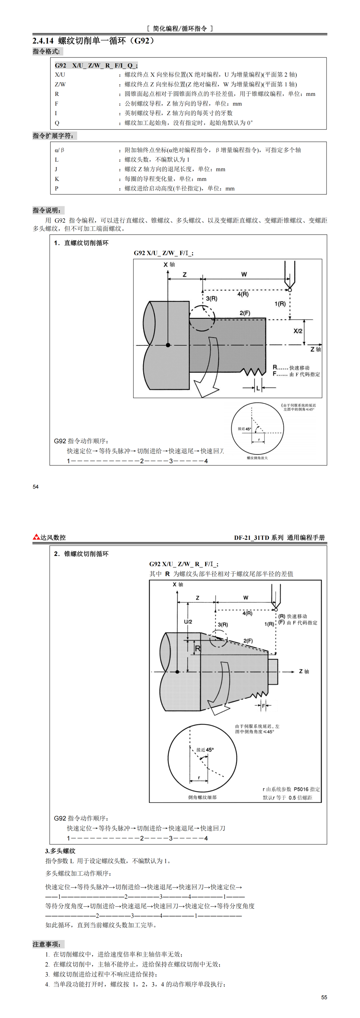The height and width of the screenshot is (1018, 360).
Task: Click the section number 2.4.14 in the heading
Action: pyautogui.click(x=43, y=41)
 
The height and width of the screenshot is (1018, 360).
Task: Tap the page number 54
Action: pyautogui.click(x=36, y=487)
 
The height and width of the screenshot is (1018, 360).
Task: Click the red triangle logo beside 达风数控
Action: pyautogui.click(x=36, y=537)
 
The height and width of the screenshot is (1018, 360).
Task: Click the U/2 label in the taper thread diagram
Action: pyautogui.click(x=188, y=622)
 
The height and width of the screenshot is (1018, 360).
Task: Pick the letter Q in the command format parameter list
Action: pyautogui.click(x=57, y=123)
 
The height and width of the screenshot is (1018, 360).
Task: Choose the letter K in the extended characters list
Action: pyautogui.click(x=57, y=179)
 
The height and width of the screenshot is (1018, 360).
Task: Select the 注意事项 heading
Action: pyautogui.click(x=47, y=944)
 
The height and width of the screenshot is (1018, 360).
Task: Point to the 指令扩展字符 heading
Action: pyautogui.click(x=53, y=136)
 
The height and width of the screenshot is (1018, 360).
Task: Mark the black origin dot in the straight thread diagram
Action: pyautogui.click(x=168, y=345)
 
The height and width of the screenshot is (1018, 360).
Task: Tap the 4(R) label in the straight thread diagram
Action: pyautogui.click(x=243, y=294)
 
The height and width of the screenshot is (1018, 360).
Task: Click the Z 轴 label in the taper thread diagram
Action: pyautogui.click(x=304, y=671)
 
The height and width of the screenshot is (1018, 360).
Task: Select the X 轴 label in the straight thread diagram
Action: pyautogui.click(x=169, y=264)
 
